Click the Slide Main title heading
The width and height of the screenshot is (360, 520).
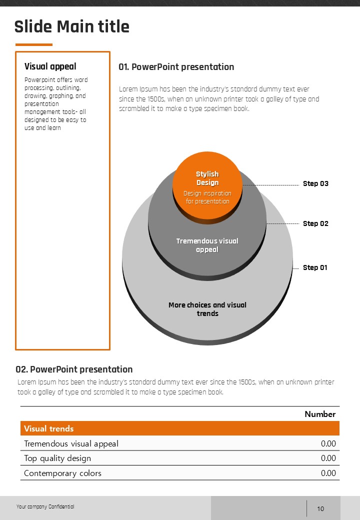coord(72,26)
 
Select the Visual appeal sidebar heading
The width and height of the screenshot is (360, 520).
coord(50,66)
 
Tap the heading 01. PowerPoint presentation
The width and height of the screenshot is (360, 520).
coord(176,67)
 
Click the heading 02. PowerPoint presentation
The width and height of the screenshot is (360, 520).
coord(74,369)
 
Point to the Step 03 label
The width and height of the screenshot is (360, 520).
coord(315,183)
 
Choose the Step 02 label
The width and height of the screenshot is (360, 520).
coord(315,223)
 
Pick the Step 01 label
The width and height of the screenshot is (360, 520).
coord(315,267)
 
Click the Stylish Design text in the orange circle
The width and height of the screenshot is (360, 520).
coord(207,178)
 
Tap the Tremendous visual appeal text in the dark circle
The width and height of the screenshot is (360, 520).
coord(207,245)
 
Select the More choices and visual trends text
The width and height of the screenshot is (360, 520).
coord(207,309)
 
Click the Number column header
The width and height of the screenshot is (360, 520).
coord(320,414)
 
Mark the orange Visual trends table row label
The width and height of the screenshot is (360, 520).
coord(49,428)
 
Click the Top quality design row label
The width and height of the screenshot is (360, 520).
coord(57,458)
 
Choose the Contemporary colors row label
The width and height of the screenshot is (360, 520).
coord(62,473)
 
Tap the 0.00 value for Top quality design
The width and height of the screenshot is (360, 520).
coord(328,458)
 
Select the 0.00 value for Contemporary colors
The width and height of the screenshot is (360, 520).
coord(328,473)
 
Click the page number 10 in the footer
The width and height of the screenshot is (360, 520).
coord(320,509)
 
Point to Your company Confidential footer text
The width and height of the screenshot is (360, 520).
coord(45,506)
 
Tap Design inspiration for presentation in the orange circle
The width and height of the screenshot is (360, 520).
coord(207,197)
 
